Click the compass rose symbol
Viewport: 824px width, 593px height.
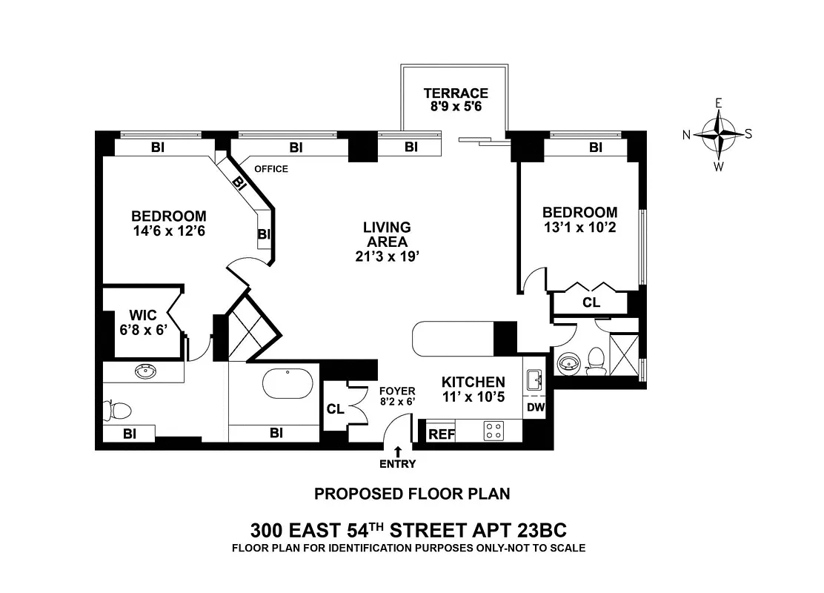tap(718, 134)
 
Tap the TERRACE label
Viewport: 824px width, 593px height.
tap(456, 93)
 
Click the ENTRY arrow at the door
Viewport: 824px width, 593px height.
tap(398, 451)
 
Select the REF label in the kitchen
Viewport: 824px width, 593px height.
tap(442, 434)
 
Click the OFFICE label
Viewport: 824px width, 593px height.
tap(270, 169)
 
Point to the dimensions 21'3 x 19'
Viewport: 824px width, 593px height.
tap(387, 256)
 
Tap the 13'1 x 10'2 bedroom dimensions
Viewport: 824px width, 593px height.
tap(579, 228)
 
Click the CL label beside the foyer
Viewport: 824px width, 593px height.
tap(335, 408)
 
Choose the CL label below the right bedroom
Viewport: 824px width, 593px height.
tap(591, 302)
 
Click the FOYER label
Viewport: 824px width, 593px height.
tap(397, 391)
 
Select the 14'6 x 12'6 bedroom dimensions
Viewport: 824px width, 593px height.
tap(167, 231)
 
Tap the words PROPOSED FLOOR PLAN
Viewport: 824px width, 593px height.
tap(412, 494)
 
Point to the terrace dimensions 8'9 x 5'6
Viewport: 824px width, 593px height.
tap(456, 107)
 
